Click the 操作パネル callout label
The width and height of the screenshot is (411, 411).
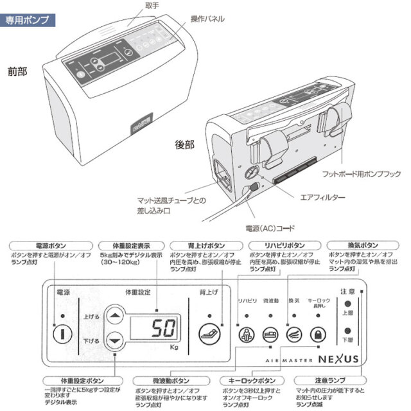(207, 19)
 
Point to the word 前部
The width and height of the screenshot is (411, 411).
(17, 71)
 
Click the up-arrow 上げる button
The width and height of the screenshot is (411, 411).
(114, 315)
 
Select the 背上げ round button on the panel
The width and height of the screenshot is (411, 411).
(207, 333)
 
